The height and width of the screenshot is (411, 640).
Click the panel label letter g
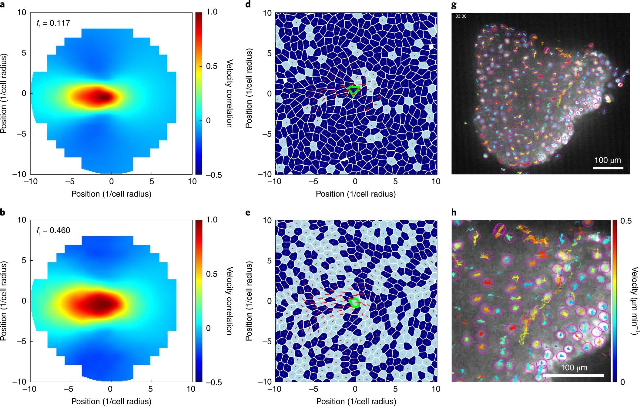coord(454,5)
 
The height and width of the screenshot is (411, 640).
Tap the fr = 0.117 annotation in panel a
coord(53,23)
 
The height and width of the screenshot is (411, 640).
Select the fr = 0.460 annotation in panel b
coord(53,231)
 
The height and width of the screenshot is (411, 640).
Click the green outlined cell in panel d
coord(354,90)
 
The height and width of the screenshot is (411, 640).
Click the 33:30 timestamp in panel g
coord(461,16)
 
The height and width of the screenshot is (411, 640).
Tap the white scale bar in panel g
coord(608,168)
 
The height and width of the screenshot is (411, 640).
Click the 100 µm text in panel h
coord(574,368)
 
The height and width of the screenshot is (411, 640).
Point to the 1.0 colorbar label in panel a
coord(212,12)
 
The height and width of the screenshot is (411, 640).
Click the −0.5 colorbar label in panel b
coord(213,383)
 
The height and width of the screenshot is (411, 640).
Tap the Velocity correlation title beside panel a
coord(230,93)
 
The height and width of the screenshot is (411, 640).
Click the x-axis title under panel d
coord(356,194)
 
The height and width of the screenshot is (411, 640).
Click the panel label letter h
coord(454,212)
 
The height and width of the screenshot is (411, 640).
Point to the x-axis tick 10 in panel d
coord(436,182)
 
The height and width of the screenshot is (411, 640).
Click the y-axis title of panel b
coord(4,301)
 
